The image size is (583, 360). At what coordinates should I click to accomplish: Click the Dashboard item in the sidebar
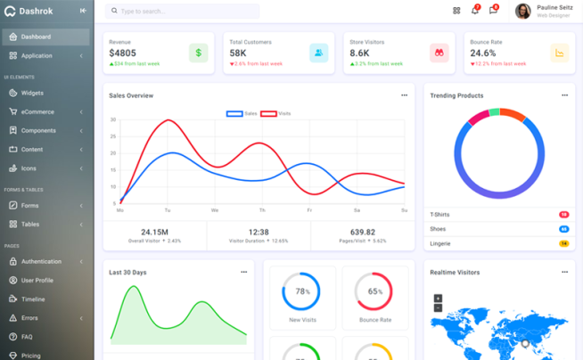[x=36, y=37]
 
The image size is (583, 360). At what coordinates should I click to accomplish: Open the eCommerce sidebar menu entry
[x=37, y=112]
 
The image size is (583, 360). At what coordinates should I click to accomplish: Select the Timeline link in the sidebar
[x=33, y=299]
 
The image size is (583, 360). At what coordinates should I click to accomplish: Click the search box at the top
[x=182, y=12]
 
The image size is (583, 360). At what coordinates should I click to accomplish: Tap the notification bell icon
[x=474, y=11]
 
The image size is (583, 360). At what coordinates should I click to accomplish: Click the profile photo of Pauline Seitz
[x=522, y=11]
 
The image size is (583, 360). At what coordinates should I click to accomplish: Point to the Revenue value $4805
[x=122, y=53]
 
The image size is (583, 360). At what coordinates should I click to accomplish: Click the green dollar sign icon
[x=198, y=53]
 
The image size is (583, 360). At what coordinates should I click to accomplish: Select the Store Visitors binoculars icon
[x=439, y=53]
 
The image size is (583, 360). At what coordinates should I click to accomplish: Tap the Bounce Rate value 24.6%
[x=483, y=53]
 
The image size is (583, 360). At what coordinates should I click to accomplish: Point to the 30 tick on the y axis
[x=113, y=119]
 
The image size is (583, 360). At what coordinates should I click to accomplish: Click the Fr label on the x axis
[x=309, y=210]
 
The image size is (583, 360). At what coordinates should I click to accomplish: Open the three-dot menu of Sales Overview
[x=404, y=95]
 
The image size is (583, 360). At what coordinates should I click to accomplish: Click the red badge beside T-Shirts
[x=563, y=215]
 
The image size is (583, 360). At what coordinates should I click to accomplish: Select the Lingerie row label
[x=440, y=243]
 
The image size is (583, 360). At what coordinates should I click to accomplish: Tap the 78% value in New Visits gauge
[x=302, y=291]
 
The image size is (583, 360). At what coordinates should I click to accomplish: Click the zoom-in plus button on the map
[x=438, y=299]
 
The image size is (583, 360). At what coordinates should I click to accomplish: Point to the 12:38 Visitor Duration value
[x=259, y=232]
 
